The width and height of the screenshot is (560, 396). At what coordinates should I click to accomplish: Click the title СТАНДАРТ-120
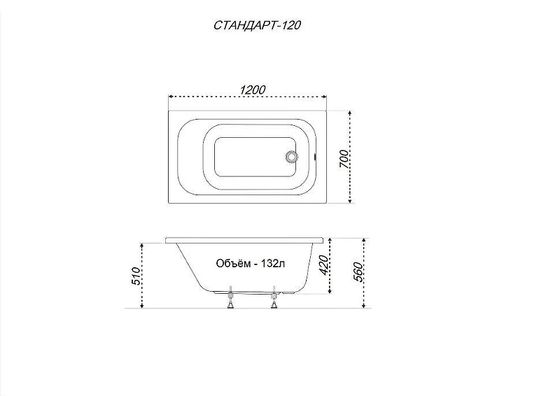click(257, 25)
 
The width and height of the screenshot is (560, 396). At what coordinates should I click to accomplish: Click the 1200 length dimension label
click(253, 90)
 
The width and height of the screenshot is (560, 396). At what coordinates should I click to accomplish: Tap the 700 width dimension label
click(343, 160)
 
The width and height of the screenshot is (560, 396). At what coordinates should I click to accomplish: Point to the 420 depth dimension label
click(323, 265)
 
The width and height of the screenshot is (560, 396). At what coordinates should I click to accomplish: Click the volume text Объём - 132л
click(251, 264)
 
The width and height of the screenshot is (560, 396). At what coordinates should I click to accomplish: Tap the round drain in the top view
click(291, 157)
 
